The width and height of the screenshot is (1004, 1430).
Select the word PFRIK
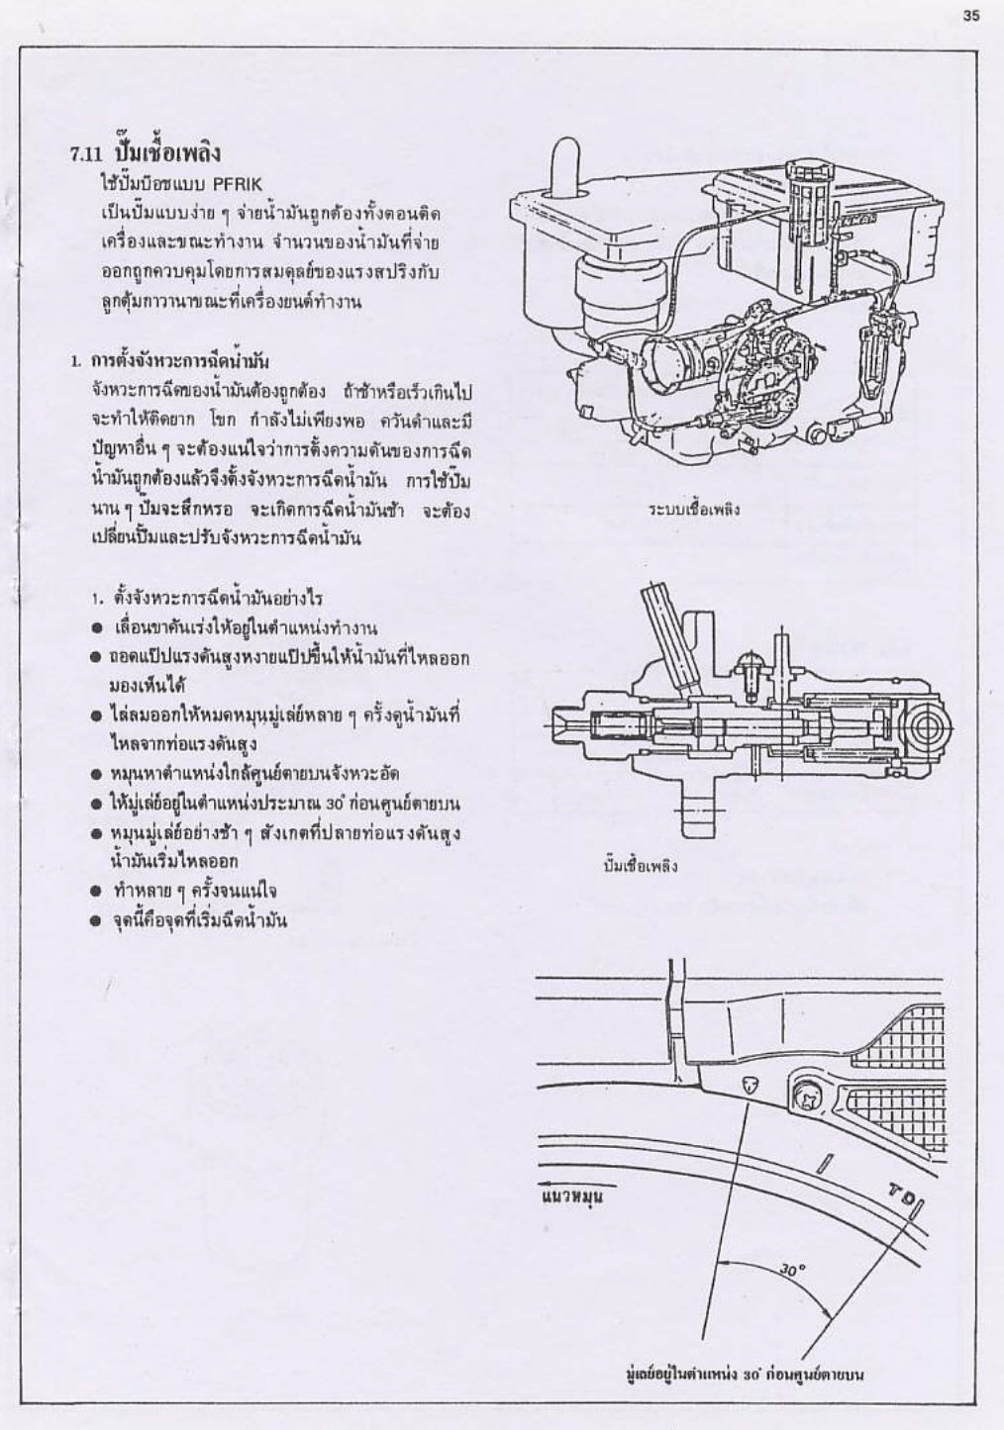pyautogui.click(x=233, y=184)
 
